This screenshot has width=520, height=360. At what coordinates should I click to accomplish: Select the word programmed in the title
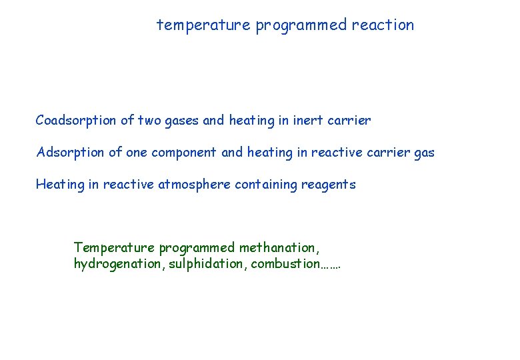pyautogui.click(x=301, y=25)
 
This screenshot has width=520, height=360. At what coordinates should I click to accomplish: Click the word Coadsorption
pyautogui.click(x=77, y=121)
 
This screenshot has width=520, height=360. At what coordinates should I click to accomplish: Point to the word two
pyautogui.click(x=149, y=121)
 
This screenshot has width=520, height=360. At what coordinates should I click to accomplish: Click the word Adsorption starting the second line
pyautogui.click(x=71, y=153)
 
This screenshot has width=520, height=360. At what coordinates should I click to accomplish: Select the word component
pyautogui.click(x=184, y=153)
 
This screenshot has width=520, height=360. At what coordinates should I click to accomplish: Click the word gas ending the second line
pyautogui.click(x=424, y=153)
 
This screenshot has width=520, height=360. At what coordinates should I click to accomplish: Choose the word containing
pyautogui.click(x=266, y=185)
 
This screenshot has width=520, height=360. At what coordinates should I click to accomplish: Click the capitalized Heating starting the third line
pyautogui.click(x=60, y=185)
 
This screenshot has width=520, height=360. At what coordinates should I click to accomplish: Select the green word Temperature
pyautogui.click(x=114, y=248)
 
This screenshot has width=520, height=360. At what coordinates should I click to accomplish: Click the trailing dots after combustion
pyautogui.click(x=331, y=266)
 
